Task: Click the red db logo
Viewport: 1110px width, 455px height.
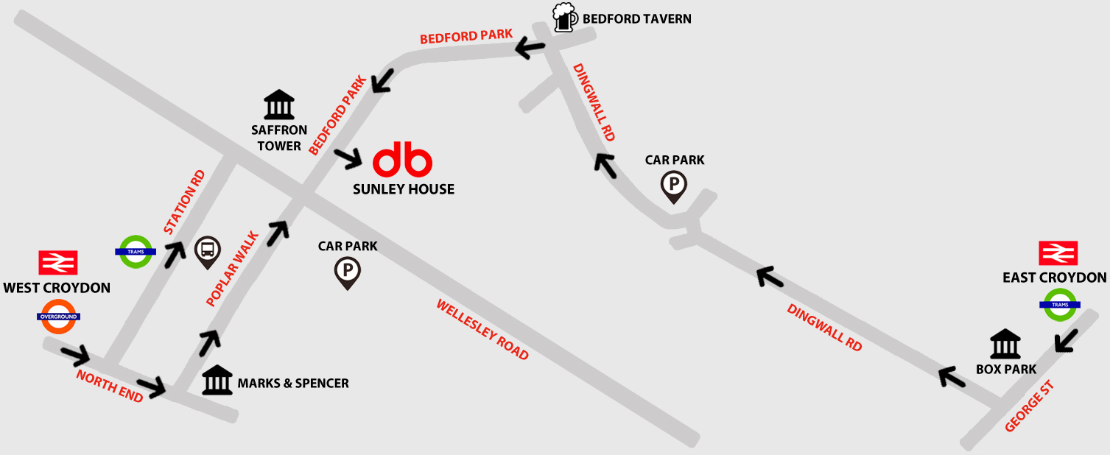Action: [402, 161]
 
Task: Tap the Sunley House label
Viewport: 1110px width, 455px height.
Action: [404, 189]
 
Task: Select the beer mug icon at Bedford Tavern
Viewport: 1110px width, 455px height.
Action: [564, 17]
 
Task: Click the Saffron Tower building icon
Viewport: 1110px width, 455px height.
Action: [279, 106]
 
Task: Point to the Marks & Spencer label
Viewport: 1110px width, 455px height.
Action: [292, 383]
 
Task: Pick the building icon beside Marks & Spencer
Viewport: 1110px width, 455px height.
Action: [217, 380]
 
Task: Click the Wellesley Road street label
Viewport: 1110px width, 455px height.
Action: [482, 329]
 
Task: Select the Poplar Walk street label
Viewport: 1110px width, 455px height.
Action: [233, 269]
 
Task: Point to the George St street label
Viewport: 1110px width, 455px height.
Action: [1030, 406]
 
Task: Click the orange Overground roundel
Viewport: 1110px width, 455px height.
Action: [58, 317]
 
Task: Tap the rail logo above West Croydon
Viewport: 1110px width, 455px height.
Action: [58, 263]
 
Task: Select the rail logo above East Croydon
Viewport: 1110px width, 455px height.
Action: [1058, 253]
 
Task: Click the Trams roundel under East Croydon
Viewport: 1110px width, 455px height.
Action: [1060, 305]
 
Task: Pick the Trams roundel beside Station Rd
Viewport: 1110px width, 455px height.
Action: [136, 251]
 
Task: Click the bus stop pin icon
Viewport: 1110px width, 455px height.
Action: [208, 251]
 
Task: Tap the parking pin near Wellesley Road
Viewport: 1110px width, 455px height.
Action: [348, 272]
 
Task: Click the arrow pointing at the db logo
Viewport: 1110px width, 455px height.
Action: [348, 157]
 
